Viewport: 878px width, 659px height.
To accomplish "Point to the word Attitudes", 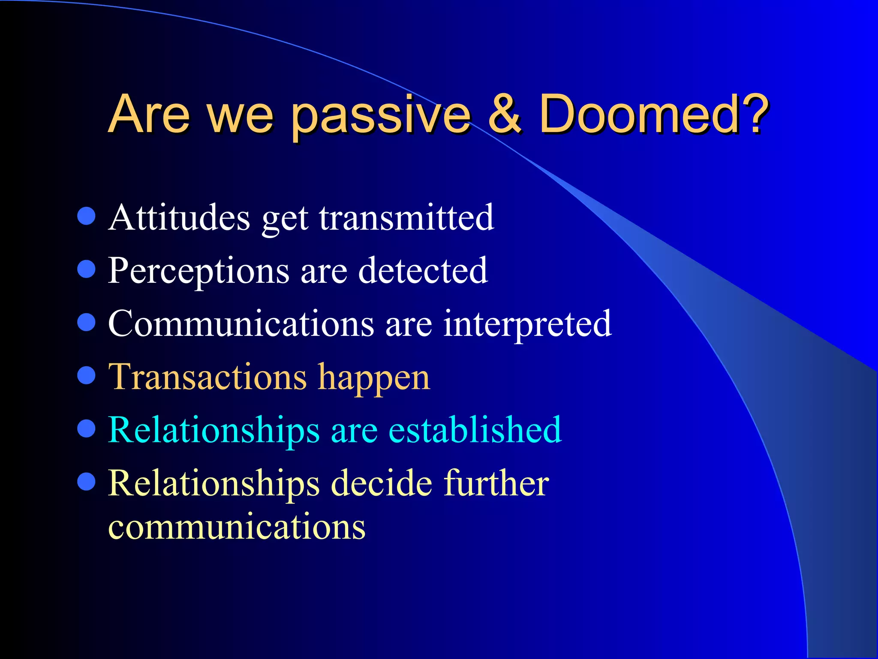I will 179,218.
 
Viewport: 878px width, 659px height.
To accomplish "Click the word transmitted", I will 406,218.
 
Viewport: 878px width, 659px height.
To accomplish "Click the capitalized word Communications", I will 241,324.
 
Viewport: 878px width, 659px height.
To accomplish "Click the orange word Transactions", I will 207,377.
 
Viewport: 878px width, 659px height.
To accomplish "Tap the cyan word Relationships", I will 213,431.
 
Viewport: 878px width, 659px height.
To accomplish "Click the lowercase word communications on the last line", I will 237,527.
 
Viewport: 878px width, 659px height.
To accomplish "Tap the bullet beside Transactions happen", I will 86,375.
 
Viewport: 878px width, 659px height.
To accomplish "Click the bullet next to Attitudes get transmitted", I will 86,216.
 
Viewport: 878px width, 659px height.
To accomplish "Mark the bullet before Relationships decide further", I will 86,481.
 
